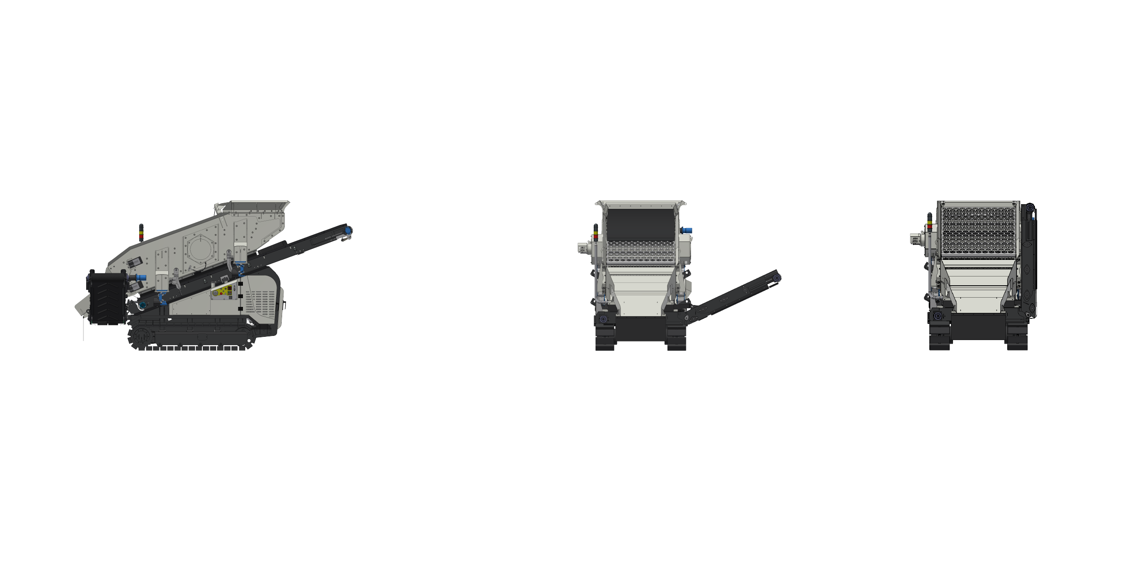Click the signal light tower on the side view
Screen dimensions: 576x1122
[x=142, y=233]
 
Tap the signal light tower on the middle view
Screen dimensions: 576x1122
[x=596, y=232]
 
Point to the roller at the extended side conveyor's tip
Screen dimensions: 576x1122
[x=777, y=278]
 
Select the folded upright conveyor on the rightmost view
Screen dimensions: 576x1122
[x=1028, y=263]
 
